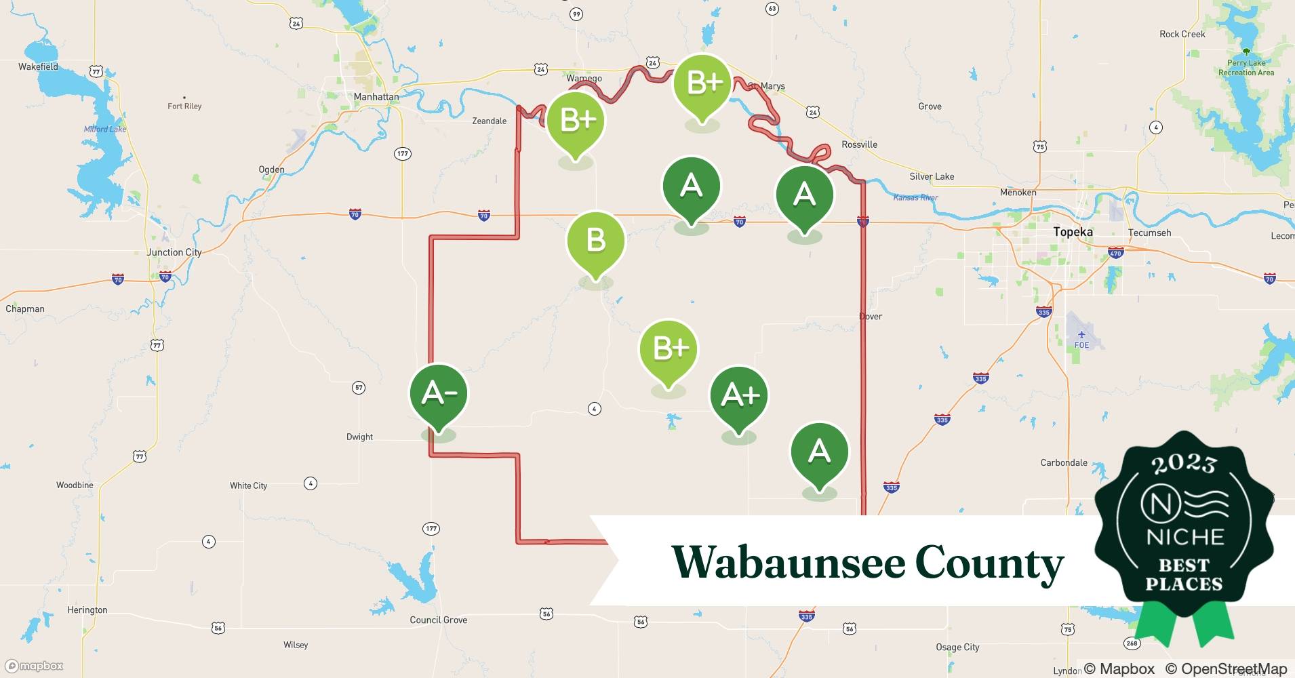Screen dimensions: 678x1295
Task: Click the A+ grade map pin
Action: (x=738, y=395)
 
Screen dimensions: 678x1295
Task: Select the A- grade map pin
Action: (x=439, y=393)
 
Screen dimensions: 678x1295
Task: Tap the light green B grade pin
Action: (x=595, y=241)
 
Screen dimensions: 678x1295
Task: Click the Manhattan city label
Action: (x=376, y=97)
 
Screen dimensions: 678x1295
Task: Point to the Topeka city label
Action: (x=1073, y=232)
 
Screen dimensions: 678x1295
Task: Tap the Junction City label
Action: (x=174, y=252)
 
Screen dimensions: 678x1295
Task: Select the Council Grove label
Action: (x=438, y=620)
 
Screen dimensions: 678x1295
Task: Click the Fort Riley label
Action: (x=184, y=106)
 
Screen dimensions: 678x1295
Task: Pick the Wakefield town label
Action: (x=38, y=67)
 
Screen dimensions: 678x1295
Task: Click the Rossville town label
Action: (x=859, y=144)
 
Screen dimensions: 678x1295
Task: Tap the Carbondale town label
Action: (x=1063, y=463)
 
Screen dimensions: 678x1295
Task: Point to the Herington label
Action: (x=87, y=610)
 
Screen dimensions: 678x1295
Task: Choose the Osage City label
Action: (x=957, y=647)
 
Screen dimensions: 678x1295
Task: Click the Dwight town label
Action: (x=359, y=437)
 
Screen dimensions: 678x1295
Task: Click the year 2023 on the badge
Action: (x=1183, y=464)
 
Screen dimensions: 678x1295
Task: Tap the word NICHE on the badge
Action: (x=1184, y=538)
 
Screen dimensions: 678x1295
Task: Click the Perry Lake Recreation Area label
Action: (x=1246, y=68)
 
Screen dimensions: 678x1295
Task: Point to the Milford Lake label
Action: (x=105, y=129)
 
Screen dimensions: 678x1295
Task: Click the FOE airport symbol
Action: (x=1081, y=334)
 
